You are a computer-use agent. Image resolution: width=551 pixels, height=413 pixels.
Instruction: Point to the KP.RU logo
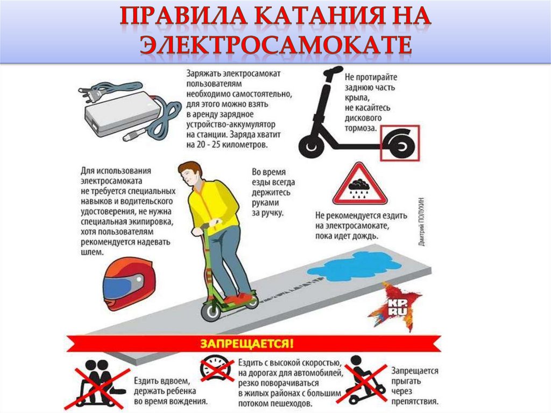coord(397,307)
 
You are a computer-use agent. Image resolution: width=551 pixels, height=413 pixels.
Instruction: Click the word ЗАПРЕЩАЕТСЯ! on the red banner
coord(246,344)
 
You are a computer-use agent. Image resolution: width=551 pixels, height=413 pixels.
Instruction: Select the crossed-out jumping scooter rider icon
coord(365,382)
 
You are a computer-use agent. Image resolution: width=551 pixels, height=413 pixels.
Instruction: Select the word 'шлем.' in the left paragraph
coord(92,252)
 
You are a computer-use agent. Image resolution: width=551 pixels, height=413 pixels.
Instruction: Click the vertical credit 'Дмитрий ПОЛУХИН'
coord(422,222)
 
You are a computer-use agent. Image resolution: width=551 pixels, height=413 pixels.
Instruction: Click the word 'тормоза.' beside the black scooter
coord(361,128)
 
